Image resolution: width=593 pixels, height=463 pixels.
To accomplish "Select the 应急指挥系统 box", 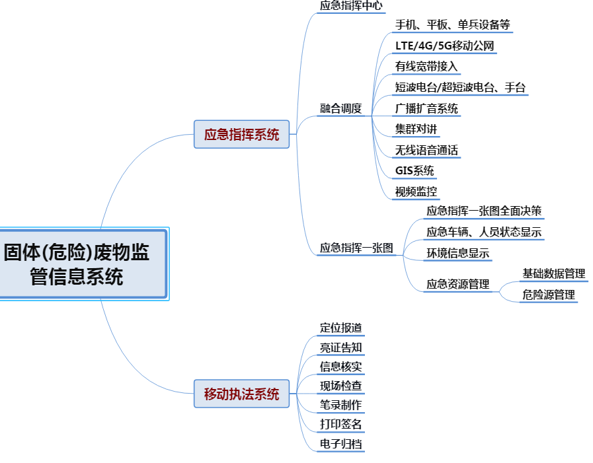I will (241, 135).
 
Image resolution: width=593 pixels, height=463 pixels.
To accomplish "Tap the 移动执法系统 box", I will (241, 394).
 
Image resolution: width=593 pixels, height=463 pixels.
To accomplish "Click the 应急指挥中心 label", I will (350, 5).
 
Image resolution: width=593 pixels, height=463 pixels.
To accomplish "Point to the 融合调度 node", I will (341, 108).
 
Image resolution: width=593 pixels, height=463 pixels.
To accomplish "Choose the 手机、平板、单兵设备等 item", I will (452, 25).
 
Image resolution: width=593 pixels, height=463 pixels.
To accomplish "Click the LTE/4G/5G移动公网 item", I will (444, 46).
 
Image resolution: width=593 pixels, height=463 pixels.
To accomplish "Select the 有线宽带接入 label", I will (426, 67).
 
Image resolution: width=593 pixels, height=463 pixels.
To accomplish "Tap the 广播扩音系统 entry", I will (426, 108).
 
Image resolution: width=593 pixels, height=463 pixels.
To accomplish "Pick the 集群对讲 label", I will (416, 129).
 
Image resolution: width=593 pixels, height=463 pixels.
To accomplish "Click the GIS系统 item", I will (415, 171).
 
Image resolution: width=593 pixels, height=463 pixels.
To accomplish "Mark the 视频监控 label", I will (416, 192).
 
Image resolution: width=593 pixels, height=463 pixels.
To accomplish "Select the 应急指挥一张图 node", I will (356, 248).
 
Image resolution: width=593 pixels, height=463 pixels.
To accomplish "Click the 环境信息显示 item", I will (458, 253).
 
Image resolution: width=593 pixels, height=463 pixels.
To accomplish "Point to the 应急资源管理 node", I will (458, 284).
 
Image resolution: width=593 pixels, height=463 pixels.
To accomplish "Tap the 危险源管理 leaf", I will (548, 295).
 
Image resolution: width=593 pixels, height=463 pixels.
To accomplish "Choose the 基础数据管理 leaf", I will (553, 273).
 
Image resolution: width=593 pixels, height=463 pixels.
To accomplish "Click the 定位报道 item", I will (341, 328).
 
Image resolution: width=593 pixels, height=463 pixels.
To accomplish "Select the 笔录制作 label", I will (341, 405).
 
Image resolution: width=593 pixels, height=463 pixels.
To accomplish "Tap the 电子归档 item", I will (341, 444).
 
